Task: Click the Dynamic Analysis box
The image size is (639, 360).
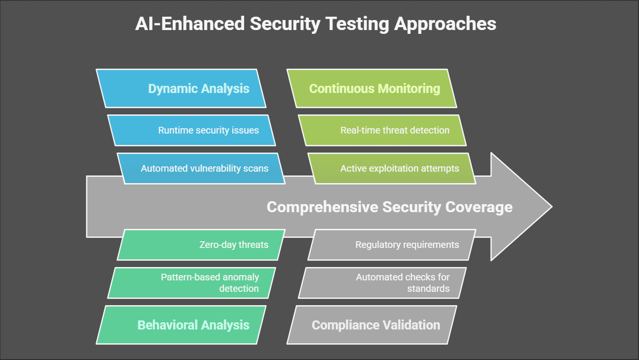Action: (181, 88)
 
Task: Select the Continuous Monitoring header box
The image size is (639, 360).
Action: (371, 88)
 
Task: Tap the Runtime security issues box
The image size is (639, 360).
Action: (192, 130)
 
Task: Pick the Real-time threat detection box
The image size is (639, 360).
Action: (382, 130)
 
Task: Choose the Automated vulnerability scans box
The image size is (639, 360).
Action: (201, 169)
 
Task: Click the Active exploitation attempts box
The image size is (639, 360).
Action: (392, 169)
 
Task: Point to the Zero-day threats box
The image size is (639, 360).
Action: (201, 245)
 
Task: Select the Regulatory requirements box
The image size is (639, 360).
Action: (392, 245)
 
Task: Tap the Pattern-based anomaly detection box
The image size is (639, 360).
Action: (192, 283)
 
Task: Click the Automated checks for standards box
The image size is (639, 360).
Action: (382, 283)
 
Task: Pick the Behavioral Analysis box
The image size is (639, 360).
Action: (181, 325)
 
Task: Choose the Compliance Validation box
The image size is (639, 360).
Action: (371, 325)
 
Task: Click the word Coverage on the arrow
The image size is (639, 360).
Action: (479, 207)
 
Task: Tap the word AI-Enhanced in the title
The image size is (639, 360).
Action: (190, 24)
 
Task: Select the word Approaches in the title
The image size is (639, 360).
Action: (445, 24)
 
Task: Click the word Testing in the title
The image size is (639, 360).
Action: (357, 24)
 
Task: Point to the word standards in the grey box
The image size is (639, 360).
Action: (428, 288)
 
